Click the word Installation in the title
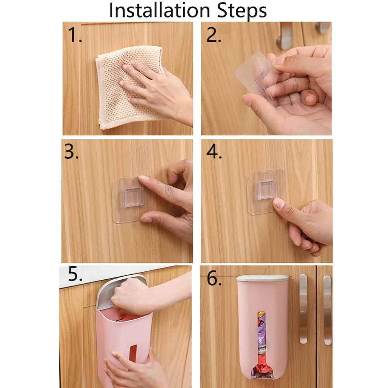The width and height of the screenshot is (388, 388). [x=159, y=10]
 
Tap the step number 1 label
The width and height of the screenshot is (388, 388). [x=74, y=35]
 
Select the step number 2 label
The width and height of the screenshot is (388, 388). [x=213, y=35]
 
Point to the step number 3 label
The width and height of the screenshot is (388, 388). [x=71, y=151]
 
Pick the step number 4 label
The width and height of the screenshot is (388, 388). [x=214, y=151]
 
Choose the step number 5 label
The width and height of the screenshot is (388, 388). [x=75, y=274]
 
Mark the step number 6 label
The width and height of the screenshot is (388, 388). [x=214, y=278]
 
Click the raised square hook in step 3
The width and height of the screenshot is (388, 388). [x=133, y=197]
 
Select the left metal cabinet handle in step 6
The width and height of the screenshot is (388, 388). [x=303, y=309]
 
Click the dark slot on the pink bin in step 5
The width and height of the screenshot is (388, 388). [x=133, y=356]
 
